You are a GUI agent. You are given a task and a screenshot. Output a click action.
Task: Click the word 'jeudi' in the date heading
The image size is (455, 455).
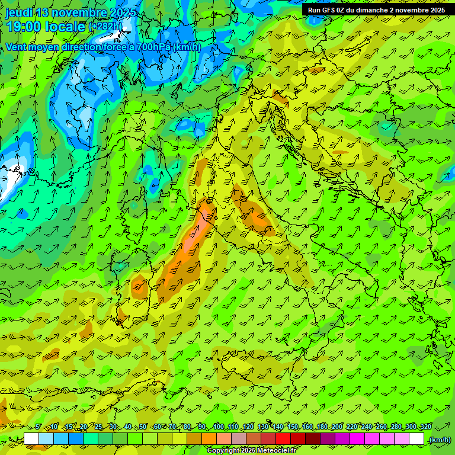click(x=19, y=12)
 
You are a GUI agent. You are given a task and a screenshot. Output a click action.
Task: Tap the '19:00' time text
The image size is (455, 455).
click(x=23, y=27)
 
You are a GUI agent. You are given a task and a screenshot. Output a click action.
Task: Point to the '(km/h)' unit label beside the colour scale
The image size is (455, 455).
click(x=439, y=440)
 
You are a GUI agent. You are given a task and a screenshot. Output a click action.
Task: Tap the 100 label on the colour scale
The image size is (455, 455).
click(x=219, y=427)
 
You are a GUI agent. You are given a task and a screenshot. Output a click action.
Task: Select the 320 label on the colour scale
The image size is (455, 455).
click(x=425, y=427)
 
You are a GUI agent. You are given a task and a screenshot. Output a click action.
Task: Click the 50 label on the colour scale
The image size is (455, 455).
click(x=143, y=427)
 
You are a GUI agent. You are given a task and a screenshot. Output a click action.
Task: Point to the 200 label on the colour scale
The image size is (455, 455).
click(x=337, y=427)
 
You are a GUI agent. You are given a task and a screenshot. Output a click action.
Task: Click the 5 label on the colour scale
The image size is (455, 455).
click(x=39, y=427)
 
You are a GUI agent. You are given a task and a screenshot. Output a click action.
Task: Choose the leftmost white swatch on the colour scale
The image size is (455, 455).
click(x=31, y=439)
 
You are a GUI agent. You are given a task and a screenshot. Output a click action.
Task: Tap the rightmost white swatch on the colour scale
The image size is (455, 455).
click(x=416, y=439)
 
